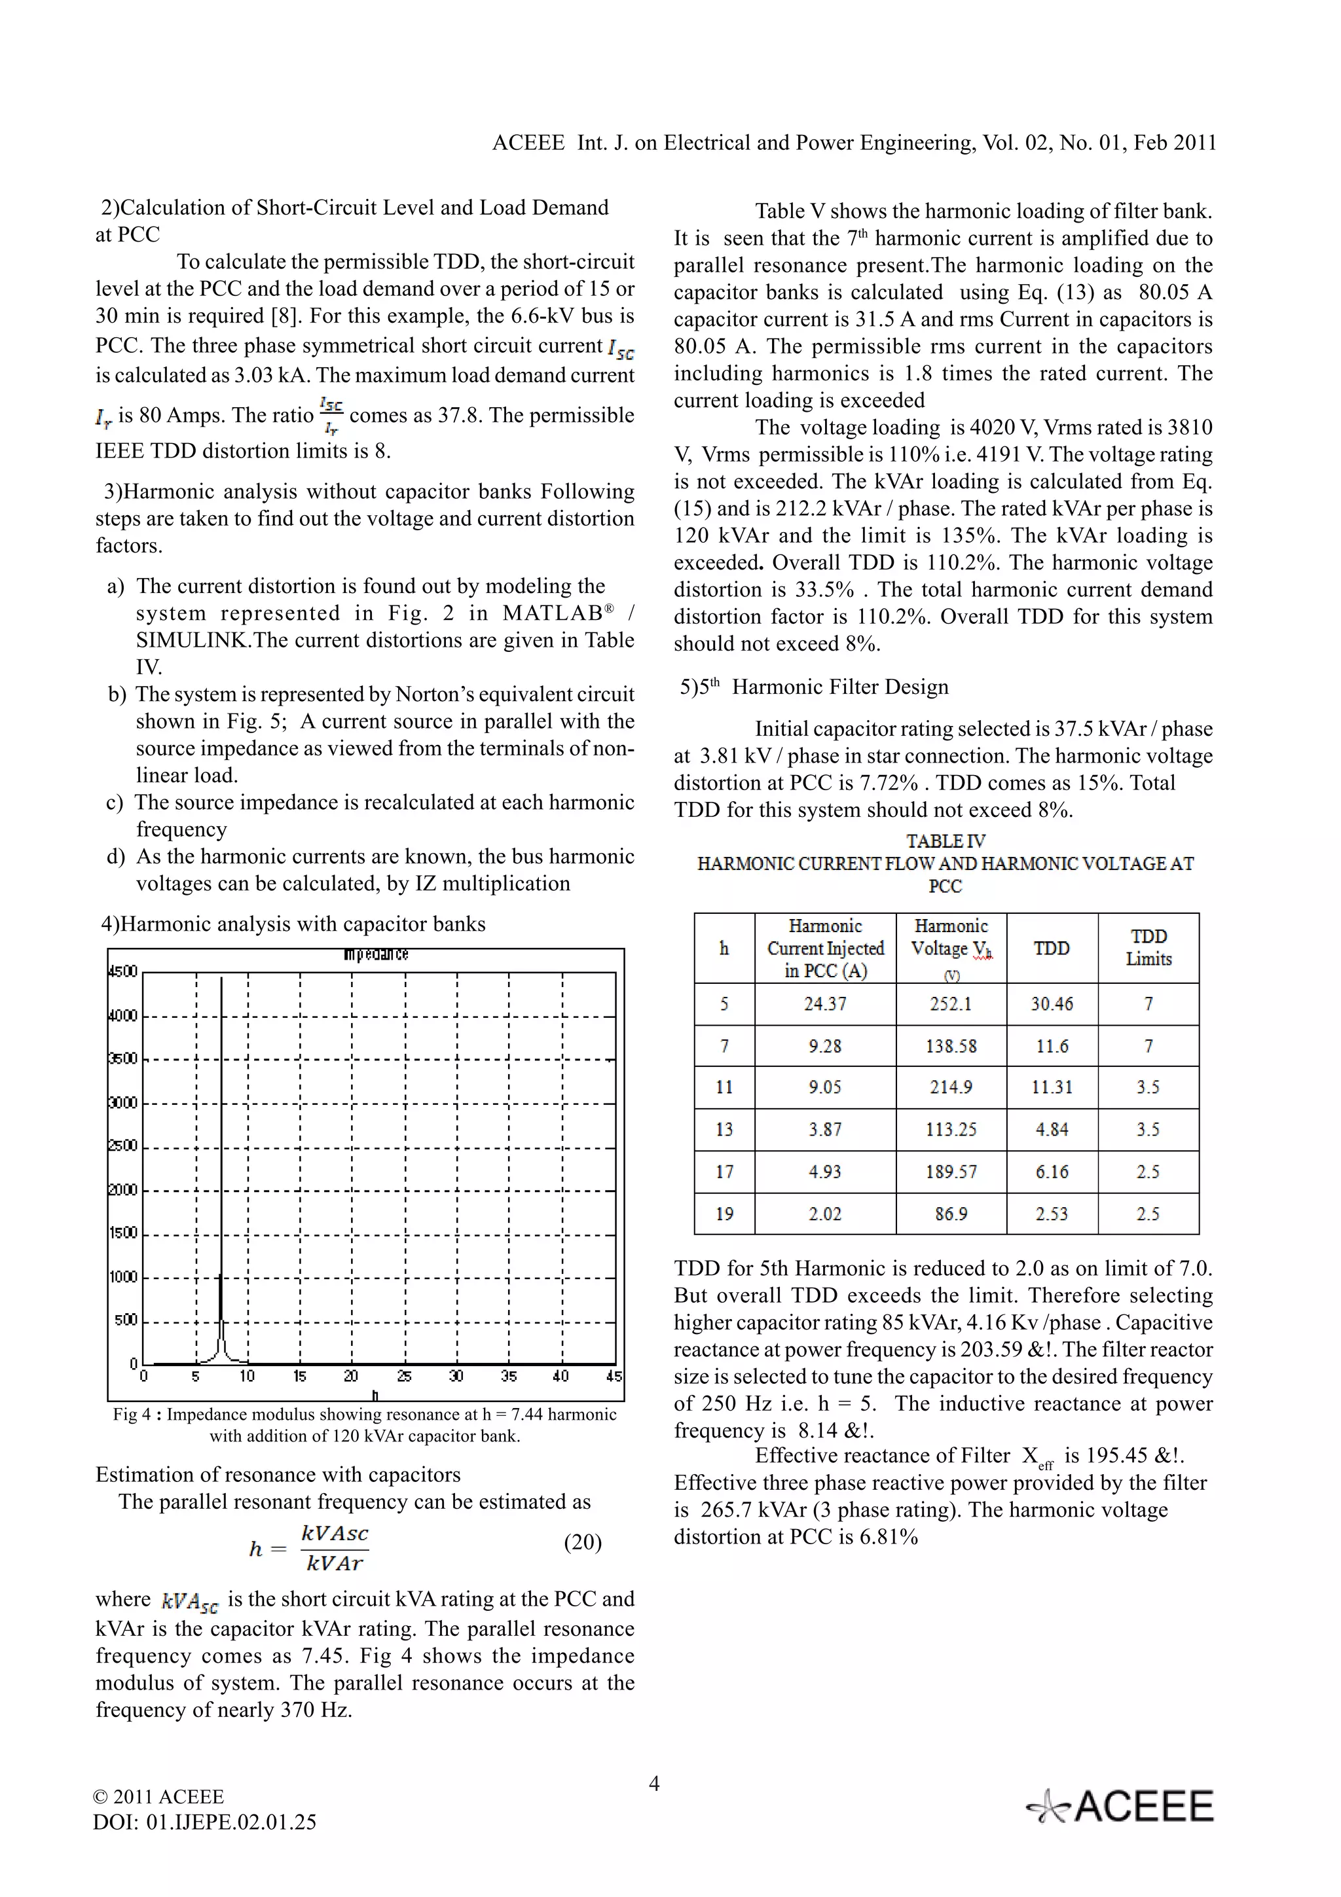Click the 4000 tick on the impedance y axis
pos(124,1015)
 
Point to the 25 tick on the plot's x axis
pos(404,1377)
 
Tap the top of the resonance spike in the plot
pos(221,980)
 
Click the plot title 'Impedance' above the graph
pos(376,955)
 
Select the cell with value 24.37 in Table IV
pos(824,1004)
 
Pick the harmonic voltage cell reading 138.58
pos(950,1046)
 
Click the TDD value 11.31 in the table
pos(1051,1087)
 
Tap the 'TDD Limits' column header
pos(1148,948)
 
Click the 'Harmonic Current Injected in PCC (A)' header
pos(824,948)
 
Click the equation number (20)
pos(583,1543)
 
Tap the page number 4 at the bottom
pos(653,1783)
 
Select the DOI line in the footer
pos(205,1822)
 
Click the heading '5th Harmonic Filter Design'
pos(814,687)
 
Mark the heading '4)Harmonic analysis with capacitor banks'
pos(293,924)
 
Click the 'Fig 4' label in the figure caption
pos(132,1415)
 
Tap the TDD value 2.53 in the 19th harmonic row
pos(1051,1214)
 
